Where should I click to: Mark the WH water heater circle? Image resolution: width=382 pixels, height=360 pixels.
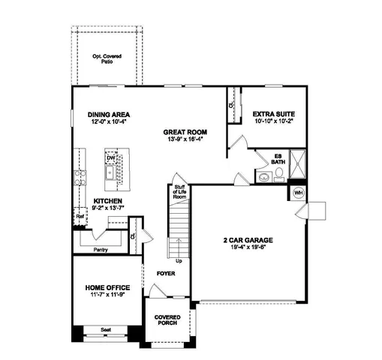click(x=297, y=193)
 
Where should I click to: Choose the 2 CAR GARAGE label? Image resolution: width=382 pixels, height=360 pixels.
click(x=247, y=240)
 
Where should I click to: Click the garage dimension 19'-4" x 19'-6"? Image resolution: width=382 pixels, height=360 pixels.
click(x=247, y=248)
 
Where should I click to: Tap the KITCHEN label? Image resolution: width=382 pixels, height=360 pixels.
click(x=108, y=201)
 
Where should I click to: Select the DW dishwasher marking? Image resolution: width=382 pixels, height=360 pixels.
click(x=111, y=158)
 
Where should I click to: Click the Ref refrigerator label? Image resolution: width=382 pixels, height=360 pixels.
click(x=80, y=217)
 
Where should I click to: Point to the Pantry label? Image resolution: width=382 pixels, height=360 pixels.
click(x=100, y=249)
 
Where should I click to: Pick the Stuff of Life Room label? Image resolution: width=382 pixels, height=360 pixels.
click(x=179, y=191)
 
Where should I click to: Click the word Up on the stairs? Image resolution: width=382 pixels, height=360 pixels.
click(x=178, y=260)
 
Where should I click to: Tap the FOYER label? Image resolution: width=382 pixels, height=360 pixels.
click(x=166, y=274)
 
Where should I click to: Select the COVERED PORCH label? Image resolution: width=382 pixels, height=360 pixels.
click(x=167, y=320)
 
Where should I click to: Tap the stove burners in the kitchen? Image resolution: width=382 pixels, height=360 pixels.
click(x=80, y=178)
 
